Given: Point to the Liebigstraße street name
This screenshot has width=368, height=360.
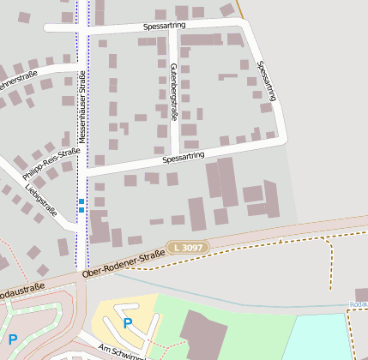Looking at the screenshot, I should click(x=40, y=198).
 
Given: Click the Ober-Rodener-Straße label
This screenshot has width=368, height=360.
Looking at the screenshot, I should click(x=124, y=262).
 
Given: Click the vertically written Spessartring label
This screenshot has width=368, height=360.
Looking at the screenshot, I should click(x=267, y=81).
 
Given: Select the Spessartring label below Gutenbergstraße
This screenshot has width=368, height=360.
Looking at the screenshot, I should click(x=183, y=158).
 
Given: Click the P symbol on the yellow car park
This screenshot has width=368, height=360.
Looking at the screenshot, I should click(x=128, y=323).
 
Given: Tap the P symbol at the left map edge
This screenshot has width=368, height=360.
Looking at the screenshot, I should click(x=11, y=339).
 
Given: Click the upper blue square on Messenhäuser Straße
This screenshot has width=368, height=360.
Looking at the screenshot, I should click(x=81, y=201).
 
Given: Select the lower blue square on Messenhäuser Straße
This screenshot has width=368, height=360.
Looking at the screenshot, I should click(x=81, y=210).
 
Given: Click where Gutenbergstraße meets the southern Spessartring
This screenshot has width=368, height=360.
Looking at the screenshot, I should click(x=175, y=160).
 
